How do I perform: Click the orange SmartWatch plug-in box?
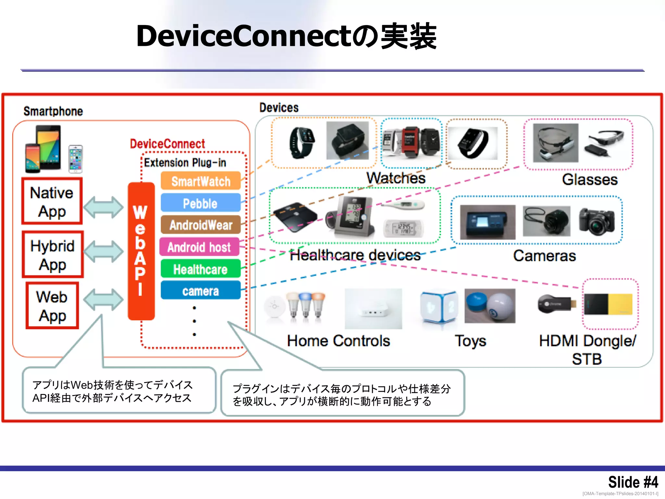coord(200,181)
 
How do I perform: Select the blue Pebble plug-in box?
coord(200,203)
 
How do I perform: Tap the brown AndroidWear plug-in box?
coord(200,225)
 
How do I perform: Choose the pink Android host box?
coord(199,247)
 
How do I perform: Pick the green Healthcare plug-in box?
coord(200,269)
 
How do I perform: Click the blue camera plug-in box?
coord(200,291)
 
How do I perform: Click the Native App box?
coord(52,201)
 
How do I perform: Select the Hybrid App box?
coord(53,255)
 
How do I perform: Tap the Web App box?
coord(52,306)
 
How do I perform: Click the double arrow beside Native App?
coord(103,207)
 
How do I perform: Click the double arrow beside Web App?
coord(103,299)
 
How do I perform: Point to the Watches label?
coord(396,178)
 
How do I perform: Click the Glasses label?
coord(589,180)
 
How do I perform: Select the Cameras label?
coord(544,256)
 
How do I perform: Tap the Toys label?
coord(470,341)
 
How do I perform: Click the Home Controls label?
coord(338,341)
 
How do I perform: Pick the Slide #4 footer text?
coord(633,482)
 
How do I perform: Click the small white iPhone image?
coord(76,159)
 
